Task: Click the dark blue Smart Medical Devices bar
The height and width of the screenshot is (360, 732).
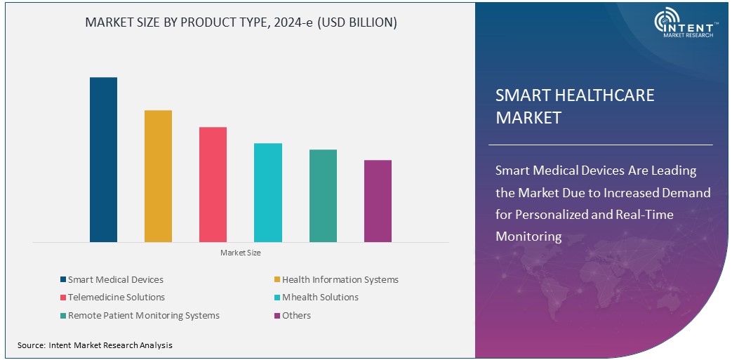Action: click(103, 160)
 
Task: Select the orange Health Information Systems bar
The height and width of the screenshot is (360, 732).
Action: click(158, 176)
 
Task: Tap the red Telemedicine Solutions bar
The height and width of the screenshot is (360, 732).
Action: click(213, 185)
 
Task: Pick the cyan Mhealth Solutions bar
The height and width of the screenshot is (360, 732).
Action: click(268, 193)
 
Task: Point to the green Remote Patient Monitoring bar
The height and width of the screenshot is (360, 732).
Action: click(323, 196)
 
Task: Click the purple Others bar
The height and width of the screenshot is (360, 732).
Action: click(378, 201)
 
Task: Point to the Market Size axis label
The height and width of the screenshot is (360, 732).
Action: click(240, 253)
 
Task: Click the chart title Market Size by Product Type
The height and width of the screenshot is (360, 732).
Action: click(241, 22)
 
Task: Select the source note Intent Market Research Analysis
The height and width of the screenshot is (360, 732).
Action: click(95, 345)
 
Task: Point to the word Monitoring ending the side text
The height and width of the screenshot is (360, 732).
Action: click(528, 236)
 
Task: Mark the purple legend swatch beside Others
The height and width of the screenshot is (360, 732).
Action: click(277, 316)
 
